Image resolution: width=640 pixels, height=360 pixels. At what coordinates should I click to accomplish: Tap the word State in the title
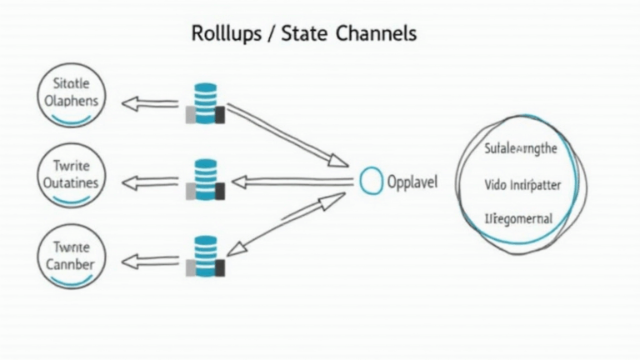(305, 34)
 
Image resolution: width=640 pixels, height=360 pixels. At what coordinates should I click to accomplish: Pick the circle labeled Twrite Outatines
(72, 176)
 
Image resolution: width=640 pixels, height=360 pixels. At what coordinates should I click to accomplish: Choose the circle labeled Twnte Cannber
(72, 257)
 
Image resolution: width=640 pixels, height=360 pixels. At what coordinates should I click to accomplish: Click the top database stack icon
(205, 102)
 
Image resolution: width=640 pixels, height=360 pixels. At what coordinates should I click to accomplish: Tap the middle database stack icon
(205, 180)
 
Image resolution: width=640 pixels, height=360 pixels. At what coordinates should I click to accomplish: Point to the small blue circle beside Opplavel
(372, 181)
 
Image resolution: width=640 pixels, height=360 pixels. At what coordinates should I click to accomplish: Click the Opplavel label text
(412, 182)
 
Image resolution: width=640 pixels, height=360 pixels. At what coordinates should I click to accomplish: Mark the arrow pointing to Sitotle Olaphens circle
(151, 103)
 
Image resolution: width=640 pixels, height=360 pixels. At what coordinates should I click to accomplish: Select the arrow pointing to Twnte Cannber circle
(151, 262)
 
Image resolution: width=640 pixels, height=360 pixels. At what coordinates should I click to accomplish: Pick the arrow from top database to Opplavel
(287, 134)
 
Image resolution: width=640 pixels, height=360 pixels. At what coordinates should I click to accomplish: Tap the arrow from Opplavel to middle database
(292, 181)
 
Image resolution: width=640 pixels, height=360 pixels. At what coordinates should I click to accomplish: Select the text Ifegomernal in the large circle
(518, 219)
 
